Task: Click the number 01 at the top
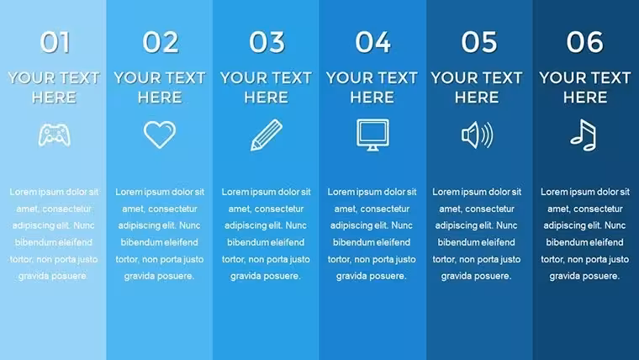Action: tap(55, 42)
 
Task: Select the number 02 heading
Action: tap(160, 42)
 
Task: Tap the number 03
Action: tap(267, 42)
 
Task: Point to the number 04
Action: tap(372, 42)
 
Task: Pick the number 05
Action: tap(479, 42)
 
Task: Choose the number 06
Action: tap(585, 42)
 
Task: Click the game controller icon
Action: tap(54, 135)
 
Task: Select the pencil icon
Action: tap(267, 135)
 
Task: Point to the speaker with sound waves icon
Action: tap(478, 135)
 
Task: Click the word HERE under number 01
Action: tap(54, 98)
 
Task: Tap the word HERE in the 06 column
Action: tap(585, 98)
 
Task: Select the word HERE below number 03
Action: tap(267, 98)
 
